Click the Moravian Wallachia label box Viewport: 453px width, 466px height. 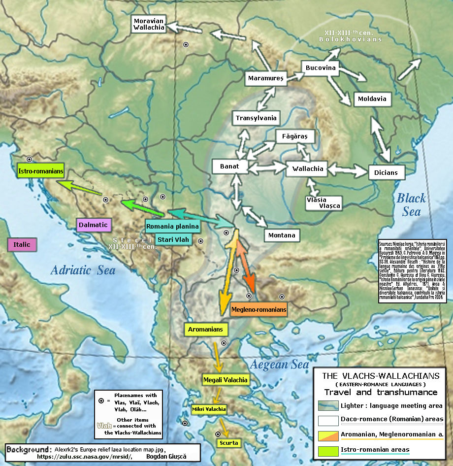(149, 24)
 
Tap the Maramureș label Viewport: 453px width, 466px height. (266, 78)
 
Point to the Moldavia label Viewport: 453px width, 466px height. (372, 99)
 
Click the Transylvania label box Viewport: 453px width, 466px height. (256, 118)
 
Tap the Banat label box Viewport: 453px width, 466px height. (229, 166)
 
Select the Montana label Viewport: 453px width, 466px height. (282, 235)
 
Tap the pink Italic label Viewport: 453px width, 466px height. (22, 244)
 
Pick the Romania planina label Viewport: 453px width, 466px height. (172, 227)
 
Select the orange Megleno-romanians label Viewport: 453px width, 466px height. (259, 310)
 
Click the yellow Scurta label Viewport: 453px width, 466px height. (229, 443)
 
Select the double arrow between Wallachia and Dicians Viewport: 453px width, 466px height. (348, 169)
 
